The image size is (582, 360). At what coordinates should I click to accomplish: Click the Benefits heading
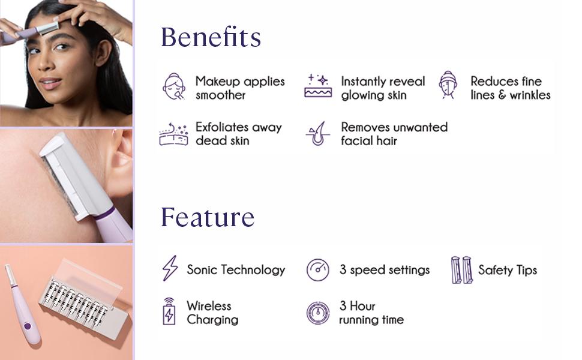click(x=211, y=37)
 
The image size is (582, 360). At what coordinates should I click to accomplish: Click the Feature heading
click(x=208, y=217)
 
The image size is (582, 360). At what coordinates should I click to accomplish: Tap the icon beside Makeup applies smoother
click(x=174, y=86)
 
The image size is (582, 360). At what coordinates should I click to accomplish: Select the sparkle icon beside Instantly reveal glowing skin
click(x=318, y=86)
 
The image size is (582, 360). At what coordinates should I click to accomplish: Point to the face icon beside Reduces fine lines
click(x=448, y=85)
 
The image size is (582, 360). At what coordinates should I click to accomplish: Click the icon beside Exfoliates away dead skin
click(x=173, y=134)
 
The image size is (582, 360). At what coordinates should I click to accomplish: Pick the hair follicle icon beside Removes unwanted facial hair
click(x=318, y=134)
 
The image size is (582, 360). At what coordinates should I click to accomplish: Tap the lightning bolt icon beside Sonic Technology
click(x=170, y=268)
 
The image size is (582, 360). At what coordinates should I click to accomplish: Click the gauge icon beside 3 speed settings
click(x=318, y=270)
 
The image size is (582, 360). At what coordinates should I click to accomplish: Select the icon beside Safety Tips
click(x=462, y=270)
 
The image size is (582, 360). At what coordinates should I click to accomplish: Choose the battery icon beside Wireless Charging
click(x=169, y=311)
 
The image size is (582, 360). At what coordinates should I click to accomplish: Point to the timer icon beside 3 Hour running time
click(x=318, y=313)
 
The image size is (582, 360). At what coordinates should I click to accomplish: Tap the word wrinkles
click(x=530, y=95)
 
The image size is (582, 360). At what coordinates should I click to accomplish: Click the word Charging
click(x=212, y=320)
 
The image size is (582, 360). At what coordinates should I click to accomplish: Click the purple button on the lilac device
click(x=28, y=326)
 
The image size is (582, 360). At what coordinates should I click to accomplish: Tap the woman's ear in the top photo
click(x=103, y=52)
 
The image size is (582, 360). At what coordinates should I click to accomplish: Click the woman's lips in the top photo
click(x=50, y=82)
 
